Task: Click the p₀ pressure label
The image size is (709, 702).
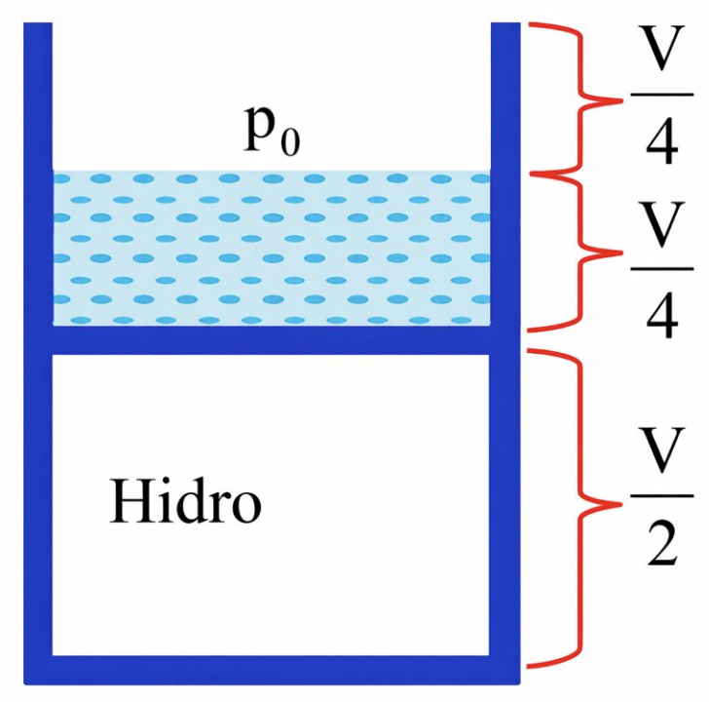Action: pyautogui.click(x=272, y=135)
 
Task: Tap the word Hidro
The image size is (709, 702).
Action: pyautogui.click(x=186, y=504)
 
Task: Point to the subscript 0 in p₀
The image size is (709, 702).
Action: pyautogui.click(x=290, y=145)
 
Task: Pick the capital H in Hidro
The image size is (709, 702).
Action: pyautogui.click(x=128, y=504)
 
